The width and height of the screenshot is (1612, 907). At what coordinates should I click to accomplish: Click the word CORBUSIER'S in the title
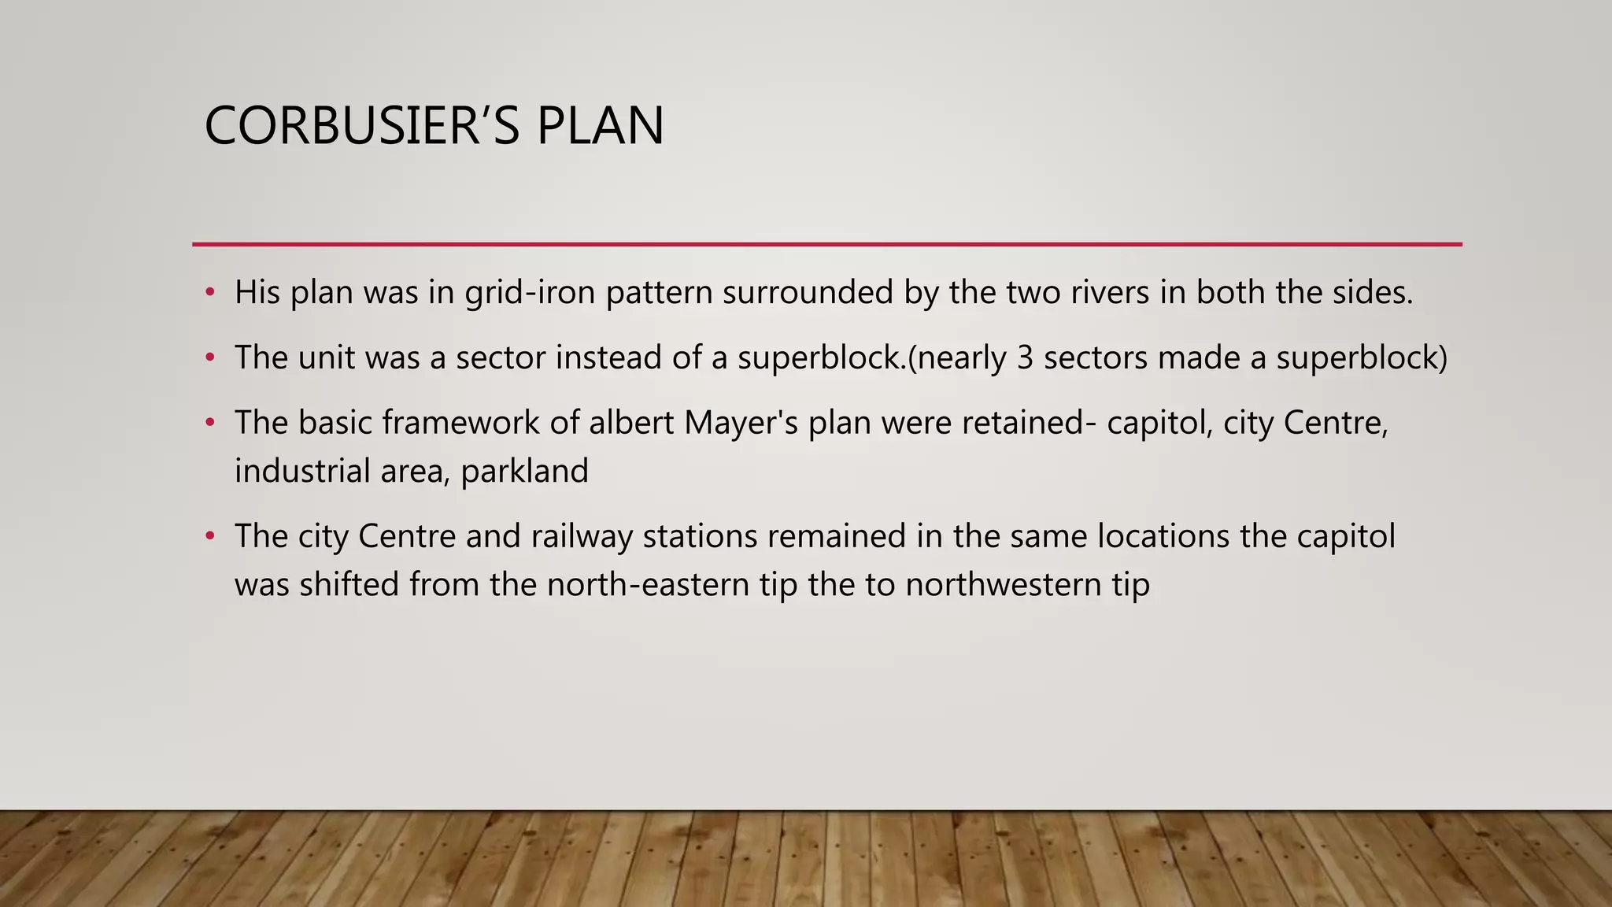click(x=361, y=126)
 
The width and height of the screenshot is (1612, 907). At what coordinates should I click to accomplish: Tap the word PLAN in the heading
click(x=600, y=126)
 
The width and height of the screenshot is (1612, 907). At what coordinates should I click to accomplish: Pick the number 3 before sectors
click(x=1024, y=358)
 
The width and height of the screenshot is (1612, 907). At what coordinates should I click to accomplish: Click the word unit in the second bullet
click(x=327, y=358)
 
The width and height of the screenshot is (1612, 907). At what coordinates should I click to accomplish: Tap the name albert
click(x=631, y=423)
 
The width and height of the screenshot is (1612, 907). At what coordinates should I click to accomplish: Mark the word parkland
click(x=524, y=472)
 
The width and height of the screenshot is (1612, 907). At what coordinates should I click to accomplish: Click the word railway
click(x=582, y=537)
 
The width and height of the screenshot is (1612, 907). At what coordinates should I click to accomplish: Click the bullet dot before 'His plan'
click(x=209, y=293)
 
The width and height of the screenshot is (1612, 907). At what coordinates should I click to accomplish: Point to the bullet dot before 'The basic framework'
click(x=209, y=423)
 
